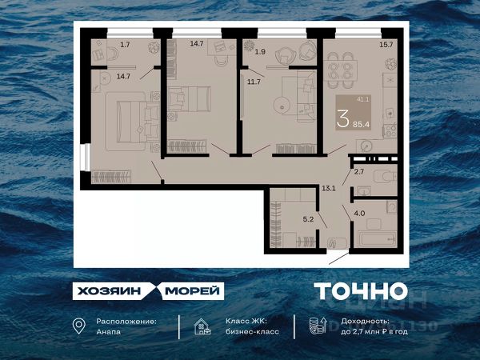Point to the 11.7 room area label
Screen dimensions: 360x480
click(x=254, y=81)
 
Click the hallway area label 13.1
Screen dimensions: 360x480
click(x=327, y=189)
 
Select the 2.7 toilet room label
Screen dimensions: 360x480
click(x=358, y=172)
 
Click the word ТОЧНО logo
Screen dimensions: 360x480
click(x=360, y=291)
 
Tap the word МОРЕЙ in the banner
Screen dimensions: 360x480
click(x=193, y=291)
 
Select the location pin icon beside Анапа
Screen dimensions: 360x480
click(x=78, y=326)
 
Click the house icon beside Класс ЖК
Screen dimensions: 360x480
click(x=202, y=326)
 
